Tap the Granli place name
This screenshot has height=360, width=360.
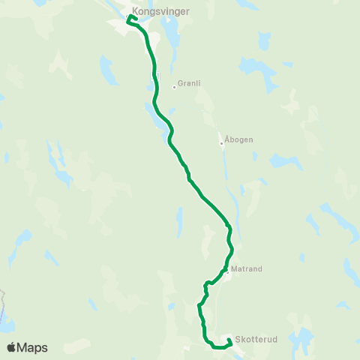point(188,85)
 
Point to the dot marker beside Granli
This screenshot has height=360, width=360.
point(175,86)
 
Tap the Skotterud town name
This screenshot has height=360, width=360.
point(256,339)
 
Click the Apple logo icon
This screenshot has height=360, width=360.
point(12,347)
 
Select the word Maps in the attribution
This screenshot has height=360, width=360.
point(32,347)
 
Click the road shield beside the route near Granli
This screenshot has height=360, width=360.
point(155,75)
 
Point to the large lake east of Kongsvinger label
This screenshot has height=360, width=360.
point(172,30)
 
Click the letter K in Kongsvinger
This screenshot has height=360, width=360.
point(134,12)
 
